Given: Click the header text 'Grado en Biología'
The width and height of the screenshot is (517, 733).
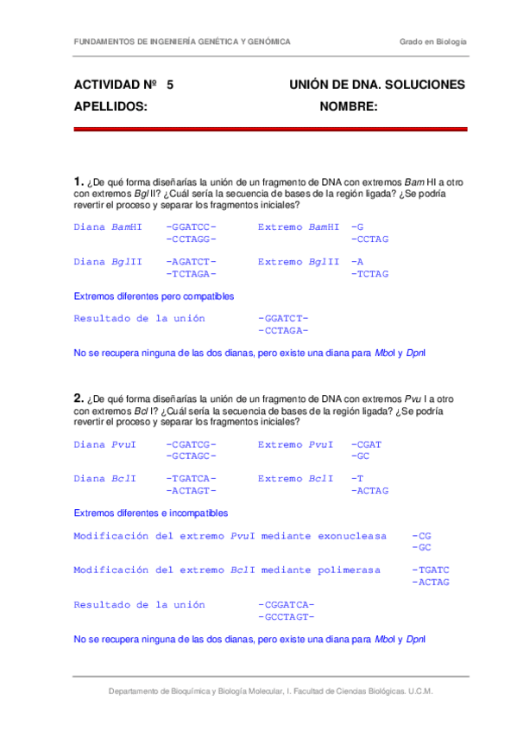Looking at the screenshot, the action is click(x=432, y=41).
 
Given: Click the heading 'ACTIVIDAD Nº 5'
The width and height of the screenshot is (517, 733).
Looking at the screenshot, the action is click(x=123, y=85).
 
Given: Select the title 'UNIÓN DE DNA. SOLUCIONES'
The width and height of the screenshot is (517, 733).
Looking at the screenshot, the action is click(x=377, y=85).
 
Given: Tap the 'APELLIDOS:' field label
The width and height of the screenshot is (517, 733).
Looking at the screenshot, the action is click(x=110, y=106).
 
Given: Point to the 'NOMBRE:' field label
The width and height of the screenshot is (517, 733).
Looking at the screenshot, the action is click(x=349, y=106).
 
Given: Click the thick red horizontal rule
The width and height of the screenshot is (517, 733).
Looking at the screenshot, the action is click(x=270, y=130).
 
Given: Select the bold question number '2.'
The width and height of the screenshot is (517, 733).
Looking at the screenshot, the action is click(x=79, y=398).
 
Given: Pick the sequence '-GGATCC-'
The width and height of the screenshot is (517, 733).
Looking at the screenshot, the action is click(x=191, y=227).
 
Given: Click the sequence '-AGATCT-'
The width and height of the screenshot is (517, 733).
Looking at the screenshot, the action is click(x=191, y=262).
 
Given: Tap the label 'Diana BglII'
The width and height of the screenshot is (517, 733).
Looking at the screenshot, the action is click(x=108, y=262).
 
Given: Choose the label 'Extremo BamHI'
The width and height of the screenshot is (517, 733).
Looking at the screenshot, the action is click(x=298, y=227).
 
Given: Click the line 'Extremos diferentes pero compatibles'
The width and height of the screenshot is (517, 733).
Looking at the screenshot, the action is click(x=154, y=296).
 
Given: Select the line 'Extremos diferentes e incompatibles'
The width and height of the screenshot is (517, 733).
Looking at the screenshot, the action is click(x=151, y=513).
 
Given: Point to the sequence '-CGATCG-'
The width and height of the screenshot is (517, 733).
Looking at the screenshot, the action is click(x=191, y=444).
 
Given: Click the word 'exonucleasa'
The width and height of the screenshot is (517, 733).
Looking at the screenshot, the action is click(x=352, y=536).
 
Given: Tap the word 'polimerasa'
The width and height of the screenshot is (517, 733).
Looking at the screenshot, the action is click(x=349, y=570).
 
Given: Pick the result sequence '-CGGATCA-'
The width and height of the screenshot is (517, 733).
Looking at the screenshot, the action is click(x=286, y=605).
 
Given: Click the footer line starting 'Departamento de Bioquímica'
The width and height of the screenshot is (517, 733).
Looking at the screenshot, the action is click(x=270, y=692).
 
